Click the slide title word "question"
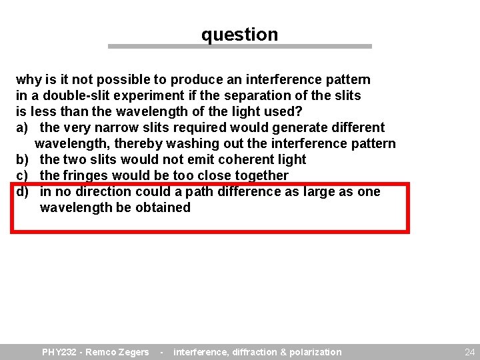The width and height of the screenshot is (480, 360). point(239,35)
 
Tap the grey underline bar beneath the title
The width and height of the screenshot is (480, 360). point(239,47)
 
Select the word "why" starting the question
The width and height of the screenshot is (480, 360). point(28,80)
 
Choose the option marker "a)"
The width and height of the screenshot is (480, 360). point(23,127)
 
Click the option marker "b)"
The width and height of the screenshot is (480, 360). point(23,159)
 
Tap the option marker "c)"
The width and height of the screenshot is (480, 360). point(23,175)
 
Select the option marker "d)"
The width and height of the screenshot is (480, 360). point(23,191)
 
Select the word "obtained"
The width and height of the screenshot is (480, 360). point(163,207)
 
